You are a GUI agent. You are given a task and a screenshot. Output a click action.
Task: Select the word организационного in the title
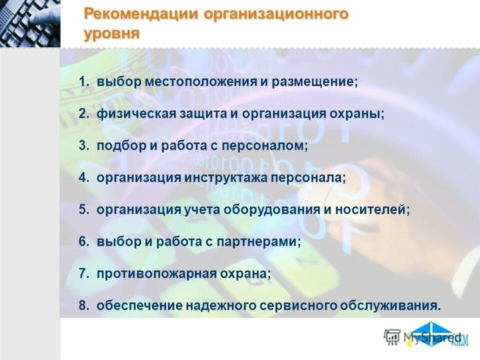pyautogui.click(x=275, y=14)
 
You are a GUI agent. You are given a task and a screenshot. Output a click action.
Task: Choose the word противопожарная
pyautogui.click(x=156, y=274)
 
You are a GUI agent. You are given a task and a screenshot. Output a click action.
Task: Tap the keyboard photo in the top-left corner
pyautogui.click(x=30, y=23)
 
